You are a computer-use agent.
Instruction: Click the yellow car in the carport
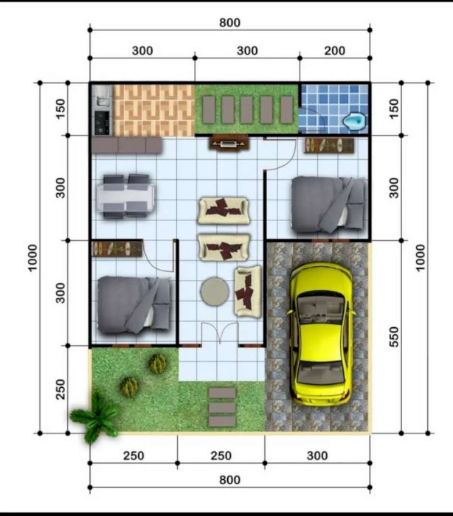coord(320,334)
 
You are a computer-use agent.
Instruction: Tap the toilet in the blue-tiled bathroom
coord(354,120)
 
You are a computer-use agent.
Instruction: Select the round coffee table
coord(215,291)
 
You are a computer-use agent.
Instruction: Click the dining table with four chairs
coord(126,197)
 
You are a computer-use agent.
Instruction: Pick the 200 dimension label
coord(335,51)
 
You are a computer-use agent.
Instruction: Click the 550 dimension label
coord(394,337)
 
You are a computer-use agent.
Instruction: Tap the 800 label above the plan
coord(229,23)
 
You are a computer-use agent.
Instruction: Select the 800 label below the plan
coord(229,480)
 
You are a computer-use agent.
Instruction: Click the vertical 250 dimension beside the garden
coord(60,389)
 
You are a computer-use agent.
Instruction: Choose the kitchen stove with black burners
coord(103,123)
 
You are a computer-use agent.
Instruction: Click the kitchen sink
coord(102,96)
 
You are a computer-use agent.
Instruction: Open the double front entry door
coord(220,333)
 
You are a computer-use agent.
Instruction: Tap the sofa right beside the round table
coord(248,292)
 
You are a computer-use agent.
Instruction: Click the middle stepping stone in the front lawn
coord(222,408)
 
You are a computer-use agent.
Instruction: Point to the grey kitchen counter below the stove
coord(126,145)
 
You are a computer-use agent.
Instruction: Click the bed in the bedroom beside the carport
coord(329,205)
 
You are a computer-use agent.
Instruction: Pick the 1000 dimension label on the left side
coord(32,258)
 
